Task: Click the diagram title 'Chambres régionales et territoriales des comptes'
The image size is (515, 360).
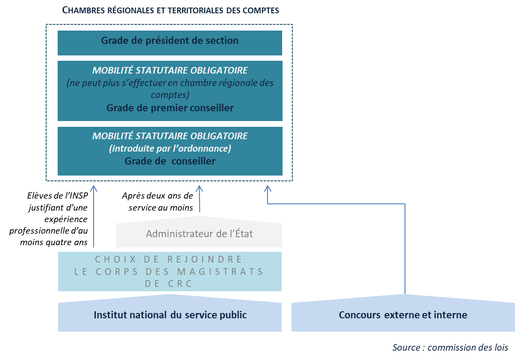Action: coord(170,10)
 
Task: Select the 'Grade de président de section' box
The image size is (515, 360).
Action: coord(170,43)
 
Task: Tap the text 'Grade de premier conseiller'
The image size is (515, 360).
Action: coord(170,108)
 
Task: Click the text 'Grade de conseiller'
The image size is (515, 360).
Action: coord(170,161)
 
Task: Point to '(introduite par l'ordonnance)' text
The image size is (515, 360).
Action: coord(170,149)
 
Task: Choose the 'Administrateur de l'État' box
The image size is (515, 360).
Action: coord(199,234)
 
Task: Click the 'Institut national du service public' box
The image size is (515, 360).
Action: coord(170,316)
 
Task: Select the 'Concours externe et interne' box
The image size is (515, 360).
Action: coord(403,316)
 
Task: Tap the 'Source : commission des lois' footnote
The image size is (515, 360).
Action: coord(450,348)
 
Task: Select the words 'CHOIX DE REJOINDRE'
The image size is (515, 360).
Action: coord(169,259)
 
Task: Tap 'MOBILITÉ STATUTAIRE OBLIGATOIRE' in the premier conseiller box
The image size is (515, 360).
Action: coord(170,70)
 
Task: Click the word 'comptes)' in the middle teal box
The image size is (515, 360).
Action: coord(170,95)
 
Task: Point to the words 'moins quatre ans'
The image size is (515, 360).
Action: coord(54,242)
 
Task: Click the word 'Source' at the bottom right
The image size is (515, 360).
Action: coord(407,348)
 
